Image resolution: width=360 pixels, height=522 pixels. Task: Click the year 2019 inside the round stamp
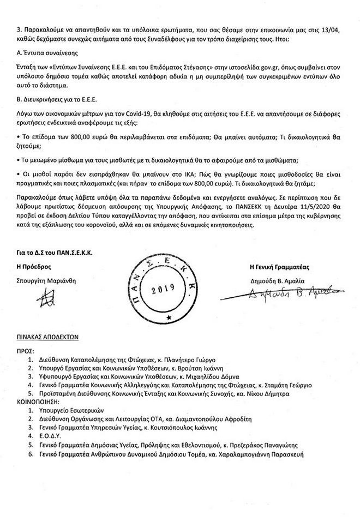(x=163, y=288)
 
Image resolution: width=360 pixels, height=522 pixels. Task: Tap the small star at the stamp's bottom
(x=169, y=317)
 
